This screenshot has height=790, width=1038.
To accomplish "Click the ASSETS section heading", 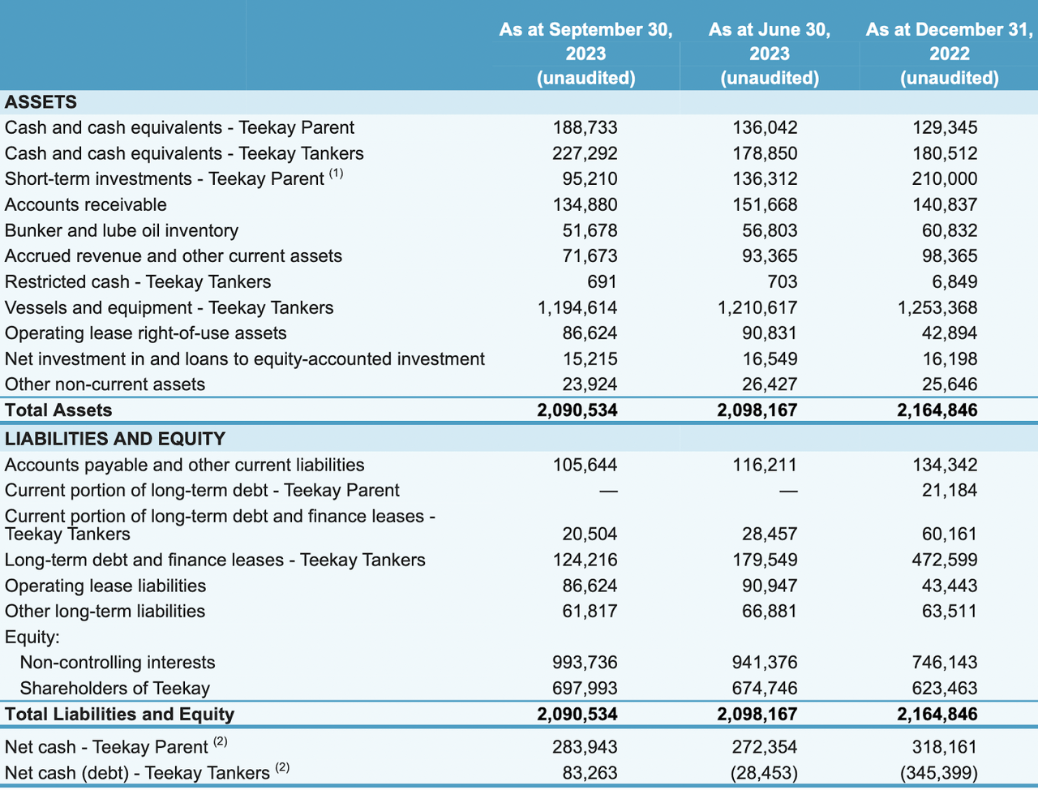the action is click(x=41, y=102).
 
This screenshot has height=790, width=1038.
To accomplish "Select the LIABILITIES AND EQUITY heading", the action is click(x=115, y=439).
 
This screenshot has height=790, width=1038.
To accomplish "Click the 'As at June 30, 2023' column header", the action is click(x=770, y=54).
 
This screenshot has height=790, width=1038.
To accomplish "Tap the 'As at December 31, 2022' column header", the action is click(x=950, y=54).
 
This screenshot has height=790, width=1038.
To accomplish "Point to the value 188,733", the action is click(x=585, y=127).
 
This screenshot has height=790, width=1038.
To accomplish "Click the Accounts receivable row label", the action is click(x=86, y=204).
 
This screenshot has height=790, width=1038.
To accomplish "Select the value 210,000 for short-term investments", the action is click(x=945, y=178).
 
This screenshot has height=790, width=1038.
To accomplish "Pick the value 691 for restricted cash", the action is click(x=602, y=281).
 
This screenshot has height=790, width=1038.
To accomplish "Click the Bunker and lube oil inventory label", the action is click(x=122, y=230).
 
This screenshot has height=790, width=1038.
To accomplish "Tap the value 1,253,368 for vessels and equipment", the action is click(x=937, y=307).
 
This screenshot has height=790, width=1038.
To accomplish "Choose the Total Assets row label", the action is click(x=58, y=410).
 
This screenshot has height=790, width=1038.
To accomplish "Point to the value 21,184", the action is click(x=949, y=490).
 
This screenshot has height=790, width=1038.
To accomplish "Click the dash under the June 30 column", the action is click(x=788, y=492).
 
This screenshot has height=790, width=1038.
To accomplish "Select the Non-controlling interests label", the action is click(x=118, y=663).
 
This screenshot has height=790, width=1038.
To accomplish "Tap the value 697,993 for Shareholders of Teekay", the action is click(x=585, y=689).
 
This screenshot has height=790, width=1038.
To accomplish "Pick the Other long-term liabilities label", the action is click(x=105, y=612).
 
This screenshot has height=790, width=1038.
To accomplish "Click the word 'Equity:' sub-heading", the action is click(x=32, y=638).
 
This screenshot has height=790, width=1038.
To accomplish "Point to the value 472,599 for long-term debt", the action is click(x=945, y=560).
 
